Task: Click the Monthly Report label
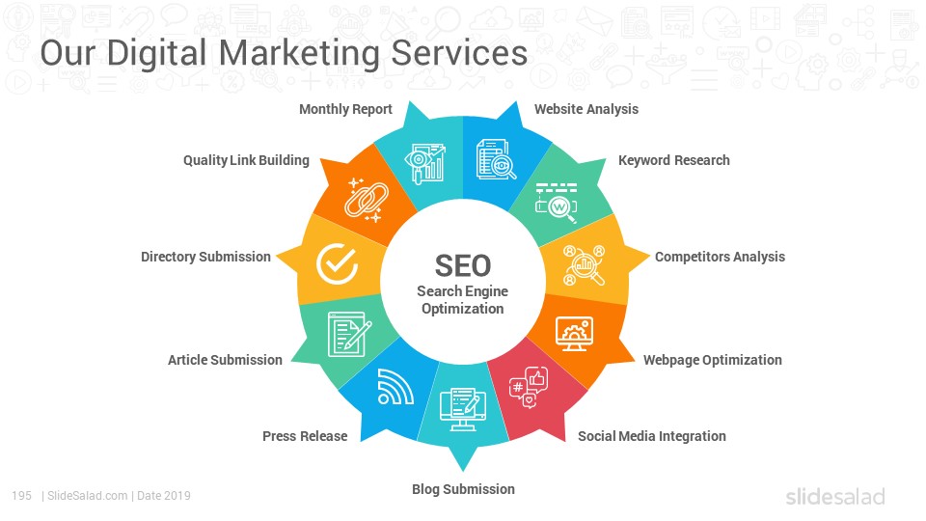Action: coord(345,109)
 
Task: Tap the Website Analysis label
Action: coord(586,109)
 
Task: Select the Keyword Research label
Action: coord(674,160)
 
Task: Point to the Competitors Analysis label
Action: coord(720,257)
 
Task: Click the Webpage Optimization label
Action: coord(712,360)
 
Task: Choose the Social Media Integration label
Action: coord(652,436)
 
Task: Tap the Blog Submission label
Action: coord(464,489)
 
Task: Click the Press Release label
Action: coord(305,436)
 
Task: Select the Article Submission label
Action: coord(225,360)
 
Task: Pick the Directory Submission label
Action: coord(205,257)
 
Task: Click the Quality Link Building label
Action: coord(246,160)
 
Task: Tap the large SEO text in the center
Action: coord(463,266)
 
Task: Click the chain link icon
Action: coord(367,200)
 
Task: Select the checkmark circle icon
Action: coord(338,263)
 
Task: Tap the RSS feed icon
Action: coord(395,387)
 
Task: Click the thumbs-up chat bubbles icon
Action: coord(529,387)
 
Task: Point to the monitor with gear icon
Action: coord(575,335)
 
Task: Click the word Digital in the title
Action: coord(156,53)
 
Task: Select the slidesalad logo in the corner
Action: coord(835,496)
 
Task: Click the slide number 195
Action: coord(22,496)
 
